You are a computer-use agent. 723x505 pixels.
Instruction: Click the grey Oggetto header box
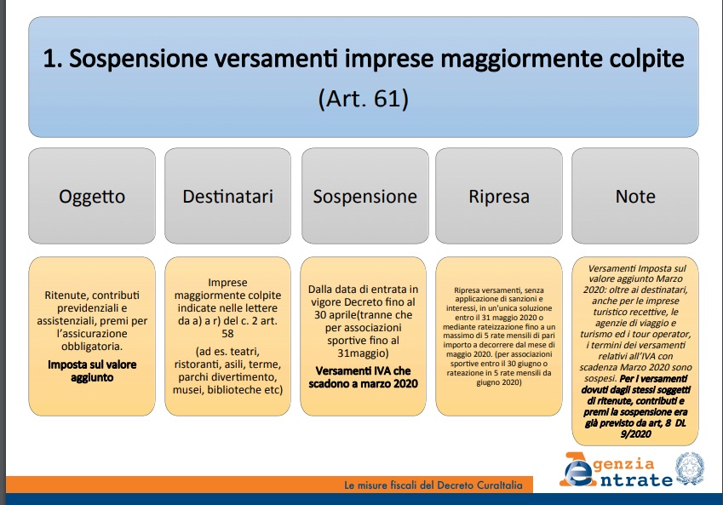[92, 196]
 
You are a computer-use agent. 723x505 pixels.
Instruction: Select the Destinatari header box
[227, 196]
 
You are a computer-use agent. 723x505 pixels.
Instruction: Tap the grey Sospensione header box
[364, 196]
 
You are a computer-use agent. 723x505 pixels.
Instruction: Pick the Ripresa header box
[499, 196]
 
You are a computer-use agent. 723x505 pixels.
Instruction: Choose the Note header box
[635, 196]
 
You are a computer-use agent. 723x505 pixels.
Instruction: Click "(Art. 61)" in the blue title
[364, 98]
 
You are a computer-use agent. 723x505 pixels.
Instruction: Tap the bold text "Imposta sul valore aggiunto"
[92, 370]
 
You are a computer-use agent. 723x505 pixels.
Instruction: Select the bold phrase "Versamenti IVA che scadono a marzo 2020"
[364, 377]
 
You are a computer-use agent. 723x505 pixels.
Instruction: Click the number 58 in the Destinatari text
[227, 334]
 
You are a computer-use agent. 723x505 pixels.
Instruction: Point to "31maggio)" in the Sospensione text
[364, 353]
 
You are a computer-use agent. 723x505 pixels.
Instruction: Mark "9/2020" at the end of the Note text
[636, 434]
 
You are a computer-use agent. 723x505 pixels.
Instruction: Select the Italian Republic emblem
[690, 468]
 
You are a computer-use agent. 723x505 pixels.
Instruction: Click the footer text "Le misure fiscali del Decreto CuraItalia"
[433, 485]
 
